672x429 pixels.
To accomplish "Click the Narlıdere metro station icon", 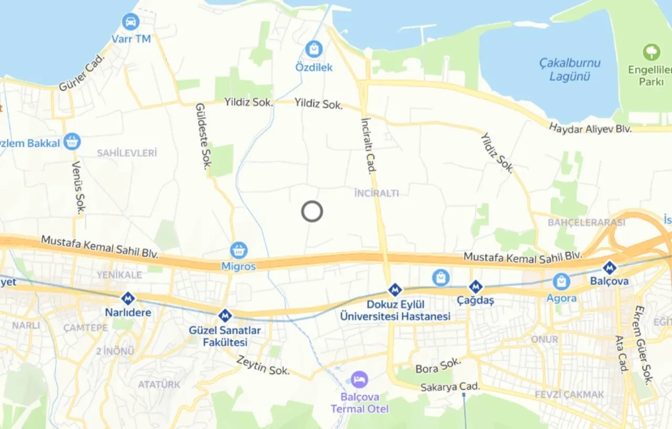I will coord(128,299).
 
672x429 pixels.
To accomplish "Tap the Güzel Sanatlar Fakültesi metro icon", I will coord(225,316).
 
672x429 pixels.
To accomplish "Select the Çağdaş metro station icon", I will coord(475,287).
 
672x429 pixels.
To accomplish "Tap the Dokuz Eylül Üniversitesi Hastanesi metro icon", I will coord(395,290).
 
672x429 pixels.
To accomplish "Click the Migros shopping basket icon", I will coord(239,250).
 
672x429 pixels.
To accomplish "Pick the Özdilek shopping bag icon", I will coord(314,49).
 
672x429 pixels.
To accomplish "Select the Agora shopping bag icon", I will coord(561,282).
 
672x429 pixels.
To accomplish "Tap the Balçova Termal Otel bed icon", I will coord(360,379).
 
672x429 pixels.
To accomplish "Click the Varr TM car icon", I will coord(130,22).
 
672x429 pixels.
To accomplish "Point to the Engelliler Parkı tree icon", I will coord(651,52).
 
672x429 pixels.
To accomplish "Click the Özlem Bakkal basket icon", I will coord(72,141).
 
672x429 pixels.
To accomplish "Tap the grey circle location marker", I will coord(312,212).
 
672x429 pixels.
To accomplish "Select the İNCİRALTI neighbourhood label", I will coord(377,193).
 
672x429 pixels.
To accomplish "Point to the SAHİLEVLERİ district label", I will coord(127,153).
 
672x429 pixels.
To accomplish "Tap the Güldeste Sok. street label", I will coord(203,136).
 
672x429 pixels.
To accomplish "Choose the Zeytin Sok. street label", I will coord(263,365).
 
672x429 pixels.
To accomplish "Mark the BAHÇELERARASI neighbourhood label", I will coord(586,223).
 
